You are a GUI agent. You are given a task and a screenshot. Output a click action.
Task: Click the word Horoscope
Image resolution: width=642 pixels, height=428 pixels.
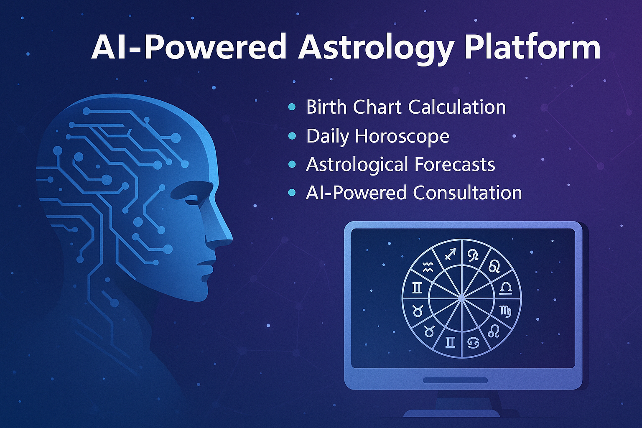(402, 137)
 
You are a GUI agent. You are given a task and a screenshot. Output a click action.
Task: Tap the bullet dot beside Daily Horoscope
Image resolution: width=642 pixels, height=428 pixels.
(292, 136)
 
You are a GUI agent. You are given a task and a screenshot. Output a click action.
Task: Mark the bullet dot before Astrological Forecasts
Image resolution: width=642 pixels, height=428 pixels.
(292, 165)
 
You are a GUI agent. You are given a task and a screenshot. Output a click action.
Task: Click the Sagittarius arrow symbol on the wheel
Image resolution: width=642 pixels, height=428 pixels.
(450, 254)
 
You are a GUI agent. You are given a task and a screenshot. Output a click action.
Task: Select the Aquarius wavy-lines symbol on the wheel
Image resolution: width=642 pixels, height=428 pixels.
(427, 267)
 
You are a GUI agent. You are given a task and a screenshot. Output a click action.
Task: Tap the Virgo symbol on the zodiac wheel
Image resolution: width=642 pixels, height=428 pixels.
(505, 311)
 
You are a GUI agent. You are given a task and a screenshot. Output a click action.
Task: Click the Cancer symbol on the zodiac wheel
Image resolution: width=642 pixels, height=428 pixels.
(473, 343)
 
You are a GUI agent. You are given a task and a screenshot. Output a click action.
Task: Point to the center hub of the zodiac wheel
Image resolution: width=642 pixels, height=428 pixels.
(461, 298)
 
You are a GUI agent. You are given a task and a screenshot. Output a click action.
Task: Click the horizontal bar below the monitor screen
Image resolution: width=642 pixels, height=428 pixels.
(455, 380)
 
